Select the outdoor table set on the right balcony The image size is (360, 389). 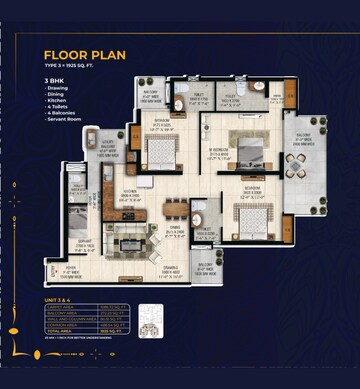(296, 164)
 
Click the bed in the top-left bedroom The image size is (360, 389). (161, 151)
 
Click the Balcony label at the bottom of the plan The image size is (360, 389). (206, 266)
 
